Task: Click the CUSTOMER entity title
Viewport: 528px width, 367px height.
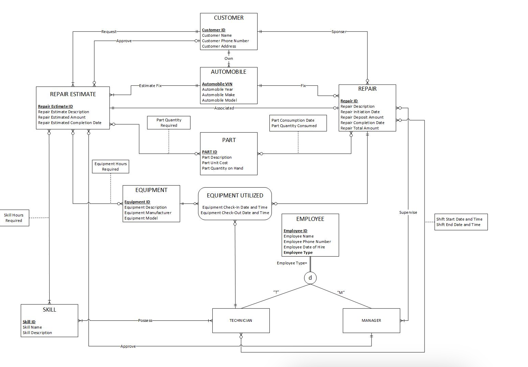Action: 229,18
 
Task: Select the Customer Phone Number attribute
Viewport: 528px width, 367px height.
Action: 225,41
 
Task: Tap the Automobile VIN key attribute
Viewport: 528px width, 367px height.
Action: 217,84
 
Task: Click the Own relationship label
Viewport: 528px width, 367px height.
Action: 229,58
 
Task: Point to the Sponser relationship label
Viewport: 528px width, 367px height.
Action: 339,32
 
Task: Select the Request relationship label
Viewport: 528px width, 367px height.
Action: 109,32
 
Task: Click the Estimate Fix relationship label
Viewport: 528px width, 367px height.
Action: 150,86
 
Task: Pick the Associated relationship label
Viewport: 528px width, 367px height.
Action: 224,108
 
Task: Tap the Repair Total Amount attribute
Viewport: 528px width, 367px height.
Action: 360,128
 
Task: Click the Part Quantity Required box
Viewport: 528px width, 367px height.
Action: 169,123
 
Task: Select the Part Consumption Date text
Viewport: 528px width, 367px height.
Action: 293,120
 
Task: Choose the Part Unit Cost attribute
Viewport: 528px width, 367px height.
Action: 215,163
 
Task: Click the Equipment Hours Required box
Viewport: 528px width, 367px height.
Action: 111,167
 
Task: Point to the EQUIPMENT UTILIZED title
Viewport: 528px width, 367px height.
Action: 235,195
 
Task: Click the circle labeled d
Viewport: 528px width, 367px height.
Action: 310,278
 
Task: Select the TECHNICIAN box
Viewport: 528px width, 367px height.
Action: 241,320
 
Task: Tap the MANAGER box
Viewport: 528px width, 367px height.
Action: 371,320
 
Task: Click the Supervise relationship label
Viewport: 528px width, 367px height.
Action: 408,212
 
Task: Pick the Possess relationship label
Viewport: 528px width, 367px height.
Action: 145,320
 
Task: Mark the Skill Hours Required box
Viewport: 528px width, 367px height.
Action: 14,218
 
